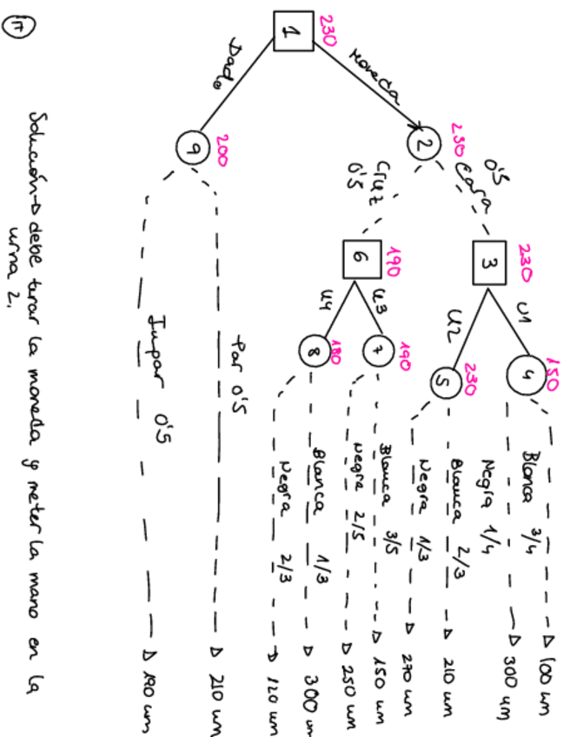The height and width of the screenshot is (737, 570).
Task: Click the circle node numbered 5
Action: pos(443,381)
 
